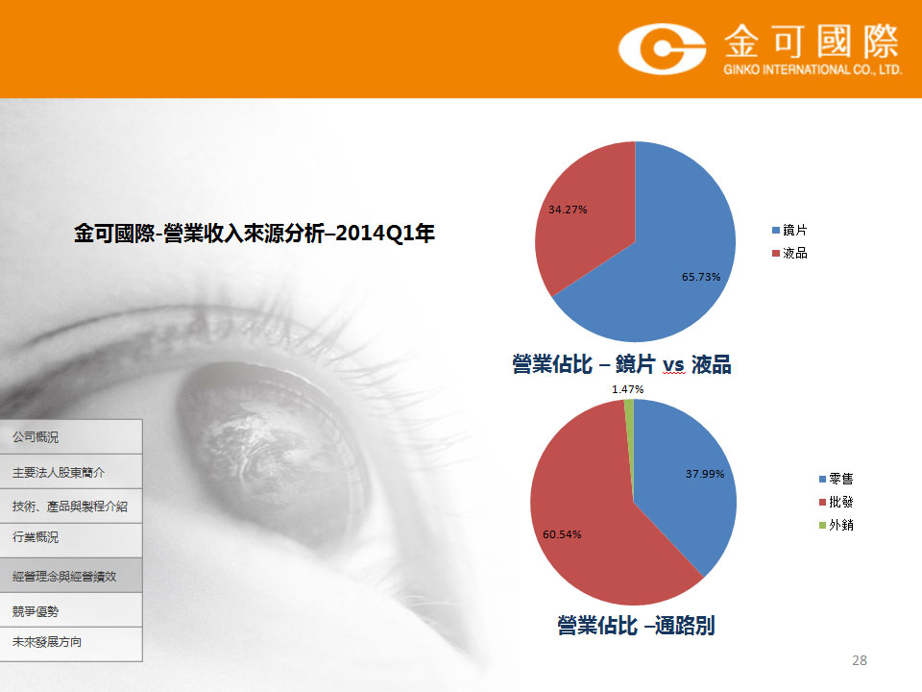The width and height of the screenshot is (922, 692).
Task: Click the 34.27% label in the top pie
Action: [568, 210]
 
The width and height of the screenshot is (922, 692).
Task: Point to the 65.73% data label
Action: [701, 277]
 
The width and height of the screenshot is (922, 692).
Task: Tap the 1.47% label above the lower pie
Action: [627, 389]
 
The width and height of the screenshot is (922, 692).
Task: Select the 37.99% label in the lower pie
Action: [705, 474]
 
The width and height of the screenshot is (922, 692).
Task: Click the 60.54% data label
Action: [562, 534]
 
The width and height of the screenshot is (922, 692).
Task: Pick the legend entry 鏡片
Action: [789, 230]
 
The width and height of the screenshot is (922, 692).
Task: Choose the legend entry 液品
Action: [789, 253]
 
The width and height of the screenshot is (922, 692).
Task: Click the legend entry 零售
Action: [837, 479]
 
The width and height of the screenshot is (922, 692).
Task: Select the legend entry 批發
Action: [837, 502]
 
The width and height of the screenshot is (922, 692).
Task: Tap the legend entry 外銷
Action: [837, 525]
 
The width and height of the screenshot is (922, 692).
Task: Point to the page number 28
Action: [859, 660]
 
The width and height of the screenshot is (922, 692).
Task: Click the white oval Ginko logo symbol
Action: [662, 49]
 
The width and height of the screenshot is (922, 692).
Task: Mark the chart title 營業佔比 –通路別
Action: [636, 626]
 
